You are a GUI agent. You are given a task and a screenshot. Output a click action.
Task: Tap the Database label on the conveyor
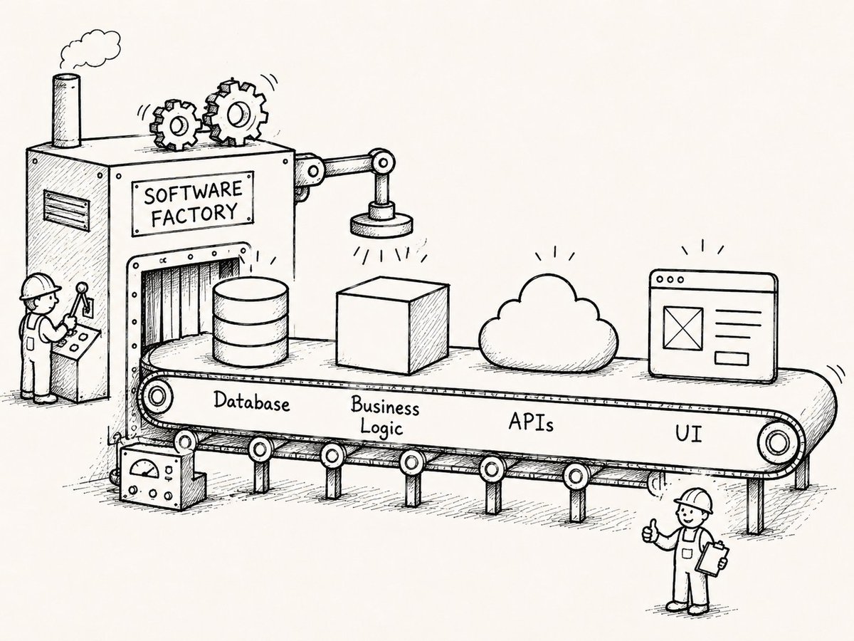point(252,401)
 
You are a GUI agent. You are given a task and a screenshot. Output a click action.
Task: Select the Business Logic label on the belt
point(384,415)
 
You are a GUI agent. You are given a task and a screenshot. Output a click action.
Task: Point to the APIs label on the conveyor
point(531,422)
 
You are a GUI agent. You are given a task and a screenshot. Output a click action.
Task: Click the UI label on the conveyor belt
point(689,434)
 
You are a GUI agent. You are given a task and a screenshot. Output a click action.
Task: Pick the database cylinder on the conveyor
point(251,322)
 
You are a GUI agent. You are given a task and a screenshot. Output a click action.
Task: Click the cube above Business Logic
point(392,325)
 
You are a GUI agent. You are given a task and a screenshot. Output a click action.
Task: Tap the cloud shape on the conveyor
point(548,325)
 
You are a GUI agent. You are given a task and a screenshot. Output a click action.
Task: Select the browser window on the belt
point(713,326)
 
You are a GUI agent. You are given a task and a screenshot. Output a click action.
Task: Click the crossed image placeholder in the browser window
point(683,328)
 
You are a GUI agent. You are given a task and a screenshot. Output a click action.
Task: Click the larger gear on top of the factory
point(236,113)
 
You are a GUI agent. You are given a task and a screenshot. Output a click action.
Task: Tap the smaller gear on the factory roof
point(176,125)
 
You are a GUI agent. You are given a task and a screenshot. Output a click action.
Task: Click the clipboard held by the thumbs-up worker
point(712,558)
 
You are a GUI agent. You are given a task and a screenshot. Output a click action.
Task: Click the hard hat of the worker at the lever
point(40,286)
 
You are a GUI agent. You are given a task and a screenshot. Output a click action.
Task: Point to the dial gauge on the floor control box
point(144,467)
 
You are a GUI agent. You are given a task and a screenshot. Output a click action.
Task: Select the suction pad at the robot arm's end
point(381,225)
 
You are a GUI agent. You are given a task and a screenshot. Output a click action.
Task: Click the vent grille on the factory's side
point(66,211)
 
